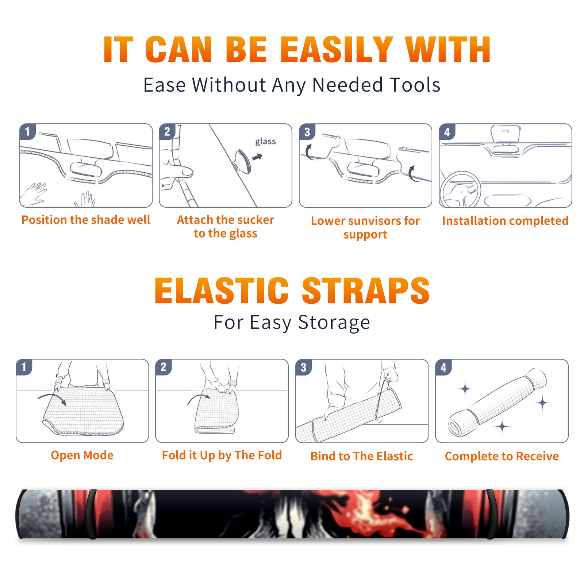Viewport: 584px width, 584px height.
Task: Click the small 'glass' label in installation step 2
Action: click(x=265, y=142)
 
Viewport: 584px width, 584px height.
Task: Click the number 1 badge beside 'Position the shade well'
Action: click(x=27, y=131)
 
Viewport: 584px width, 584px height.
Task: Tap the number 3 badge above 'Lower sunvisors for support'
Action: click(x=307, y=131)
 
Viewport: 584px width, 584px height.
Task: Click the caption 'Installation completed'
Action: click(x=505, y=221)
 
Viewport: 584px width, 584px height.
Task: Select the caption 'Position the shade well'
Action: click(x=86, y=220)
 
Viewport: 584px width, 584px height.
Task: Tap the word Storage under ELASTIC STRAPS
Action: click(x=334, y=323)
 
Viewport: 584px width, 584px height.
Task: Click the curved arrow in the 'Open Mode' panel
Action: click(x=52, y=399)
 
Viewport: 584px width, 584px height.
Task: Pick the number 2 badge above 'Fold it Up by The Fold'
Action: click(x=164, y=367)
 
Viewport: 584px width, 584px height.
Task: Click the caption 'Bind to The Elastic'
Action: click(x=362, y=456)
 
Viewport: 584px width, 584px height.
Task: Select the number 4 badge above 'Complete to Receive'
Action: click(x=443, y=367)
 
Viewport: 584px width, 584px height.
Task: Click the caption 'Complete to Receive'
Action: click(x=502, y=456)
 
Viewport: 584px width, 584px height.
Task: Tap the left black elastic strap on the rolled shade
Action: click(x=91, y=514)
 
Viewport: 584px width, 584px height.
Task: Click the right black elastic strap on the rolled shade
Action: click(x=491, y=514)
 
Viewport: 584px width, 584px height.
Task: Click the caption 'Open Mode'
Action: click(x=82, y=456)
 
